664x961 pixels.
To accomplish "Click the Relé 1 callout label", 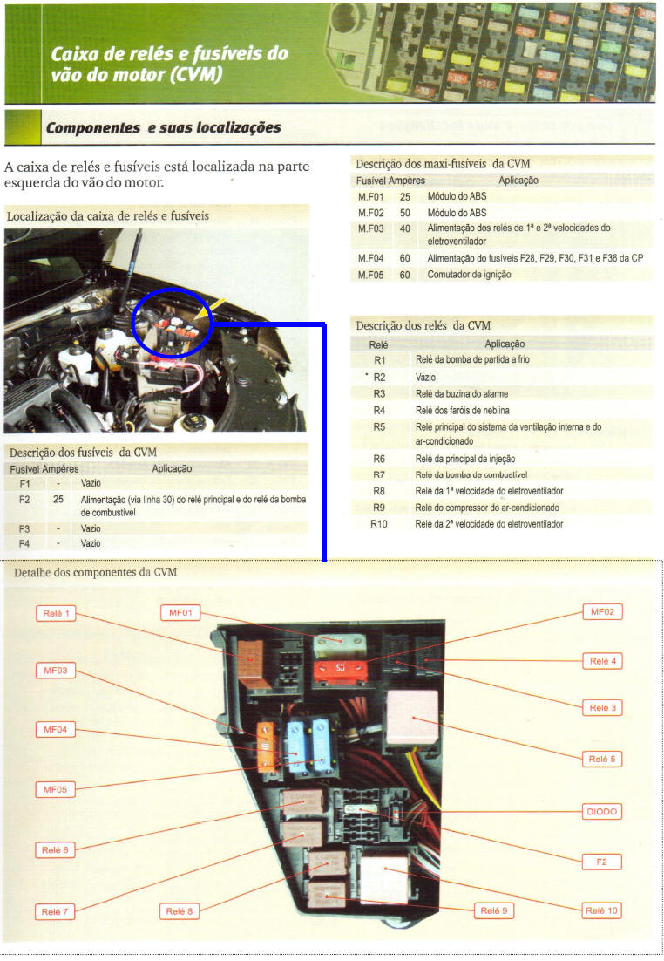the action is click(56, 613).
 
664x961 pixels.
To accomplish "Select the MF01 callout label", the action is click(180, 612).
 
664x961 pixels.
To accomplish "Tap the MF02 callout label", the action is click(602, 611).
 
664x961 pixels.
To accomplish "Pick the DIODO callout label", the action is click(601, 812).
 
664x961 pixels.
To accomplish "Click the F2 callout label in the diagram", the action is click(601, 862).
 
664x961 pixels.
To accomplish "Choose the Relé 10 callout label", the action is click(601, 910).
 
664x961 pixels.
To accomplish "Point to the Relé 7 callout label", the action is click(55, 912).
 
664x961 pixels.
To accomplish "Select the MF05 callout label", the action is click(55, 789).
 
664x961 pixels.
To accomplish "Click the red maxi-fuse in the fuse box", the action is click(340, 669).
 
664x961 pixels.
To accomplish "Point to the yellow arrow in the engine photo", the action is click(209, 309).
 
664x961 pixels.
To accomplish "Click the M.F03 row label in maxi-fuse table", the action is click(370, 228).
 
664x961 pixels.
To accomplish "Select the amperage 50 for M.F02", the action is click(405, 213).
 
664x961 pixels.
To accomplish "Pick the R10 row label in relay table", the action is click(378, 524).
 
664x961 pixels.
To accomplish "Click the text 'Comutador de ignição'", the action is click(469, 275).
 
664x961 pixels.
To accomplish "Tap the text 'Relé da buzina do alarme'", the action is click(462, 393).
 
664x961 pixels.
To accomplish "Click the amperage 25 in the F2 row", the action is click(58, 500).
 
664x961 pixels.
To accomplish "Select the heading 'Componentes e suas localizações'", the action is click(164, 127).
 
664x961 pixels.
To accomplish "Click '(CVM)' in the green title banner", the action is click(196, 75).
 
